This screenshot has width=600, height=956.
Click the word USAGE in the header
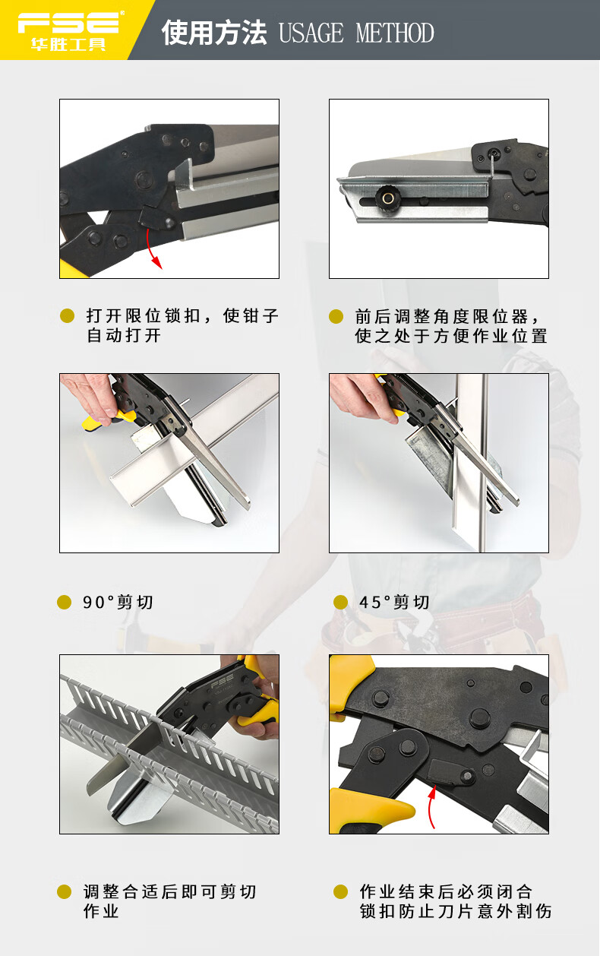tap(311, 33)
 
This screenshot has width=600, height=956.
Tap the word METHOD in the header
tap(395, 33)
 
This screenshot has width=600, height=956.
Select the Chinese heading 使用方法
tap(214, 33)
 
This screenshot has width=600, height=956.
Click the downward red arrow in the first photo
tap(153, 248)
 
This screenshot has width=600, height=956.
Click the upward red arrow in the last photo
tap(431, 807)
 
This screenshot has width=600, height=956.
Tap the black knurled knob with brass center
tap(387, 197)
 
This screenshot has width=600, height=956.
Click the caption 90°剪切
tap(118, 602)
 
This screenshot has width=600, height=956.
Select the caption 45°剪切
tap(394, 602)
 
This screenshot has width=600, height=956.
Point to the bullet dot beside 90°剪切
tap(64, 602)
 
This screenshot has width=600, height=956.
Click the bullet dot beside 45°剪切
tap(340, 602)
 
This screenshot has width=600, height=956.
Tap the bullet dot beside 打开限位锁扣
tap(67, 316)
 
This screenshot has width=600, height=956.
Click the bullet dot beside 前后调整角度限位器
tap(336, 316)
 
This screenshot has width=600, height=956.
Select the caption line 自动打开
tap(124, 335)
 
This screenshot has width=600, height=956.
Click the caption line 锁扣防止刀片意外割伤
tap(456, 911)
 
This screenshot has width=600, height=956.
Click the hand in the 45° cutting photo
tap(362, 397)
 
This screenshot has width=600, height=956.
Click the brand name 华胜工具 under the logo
tap(68, 44)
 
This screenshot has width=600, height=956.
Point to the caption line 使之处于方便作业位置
tap(451, 336)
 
